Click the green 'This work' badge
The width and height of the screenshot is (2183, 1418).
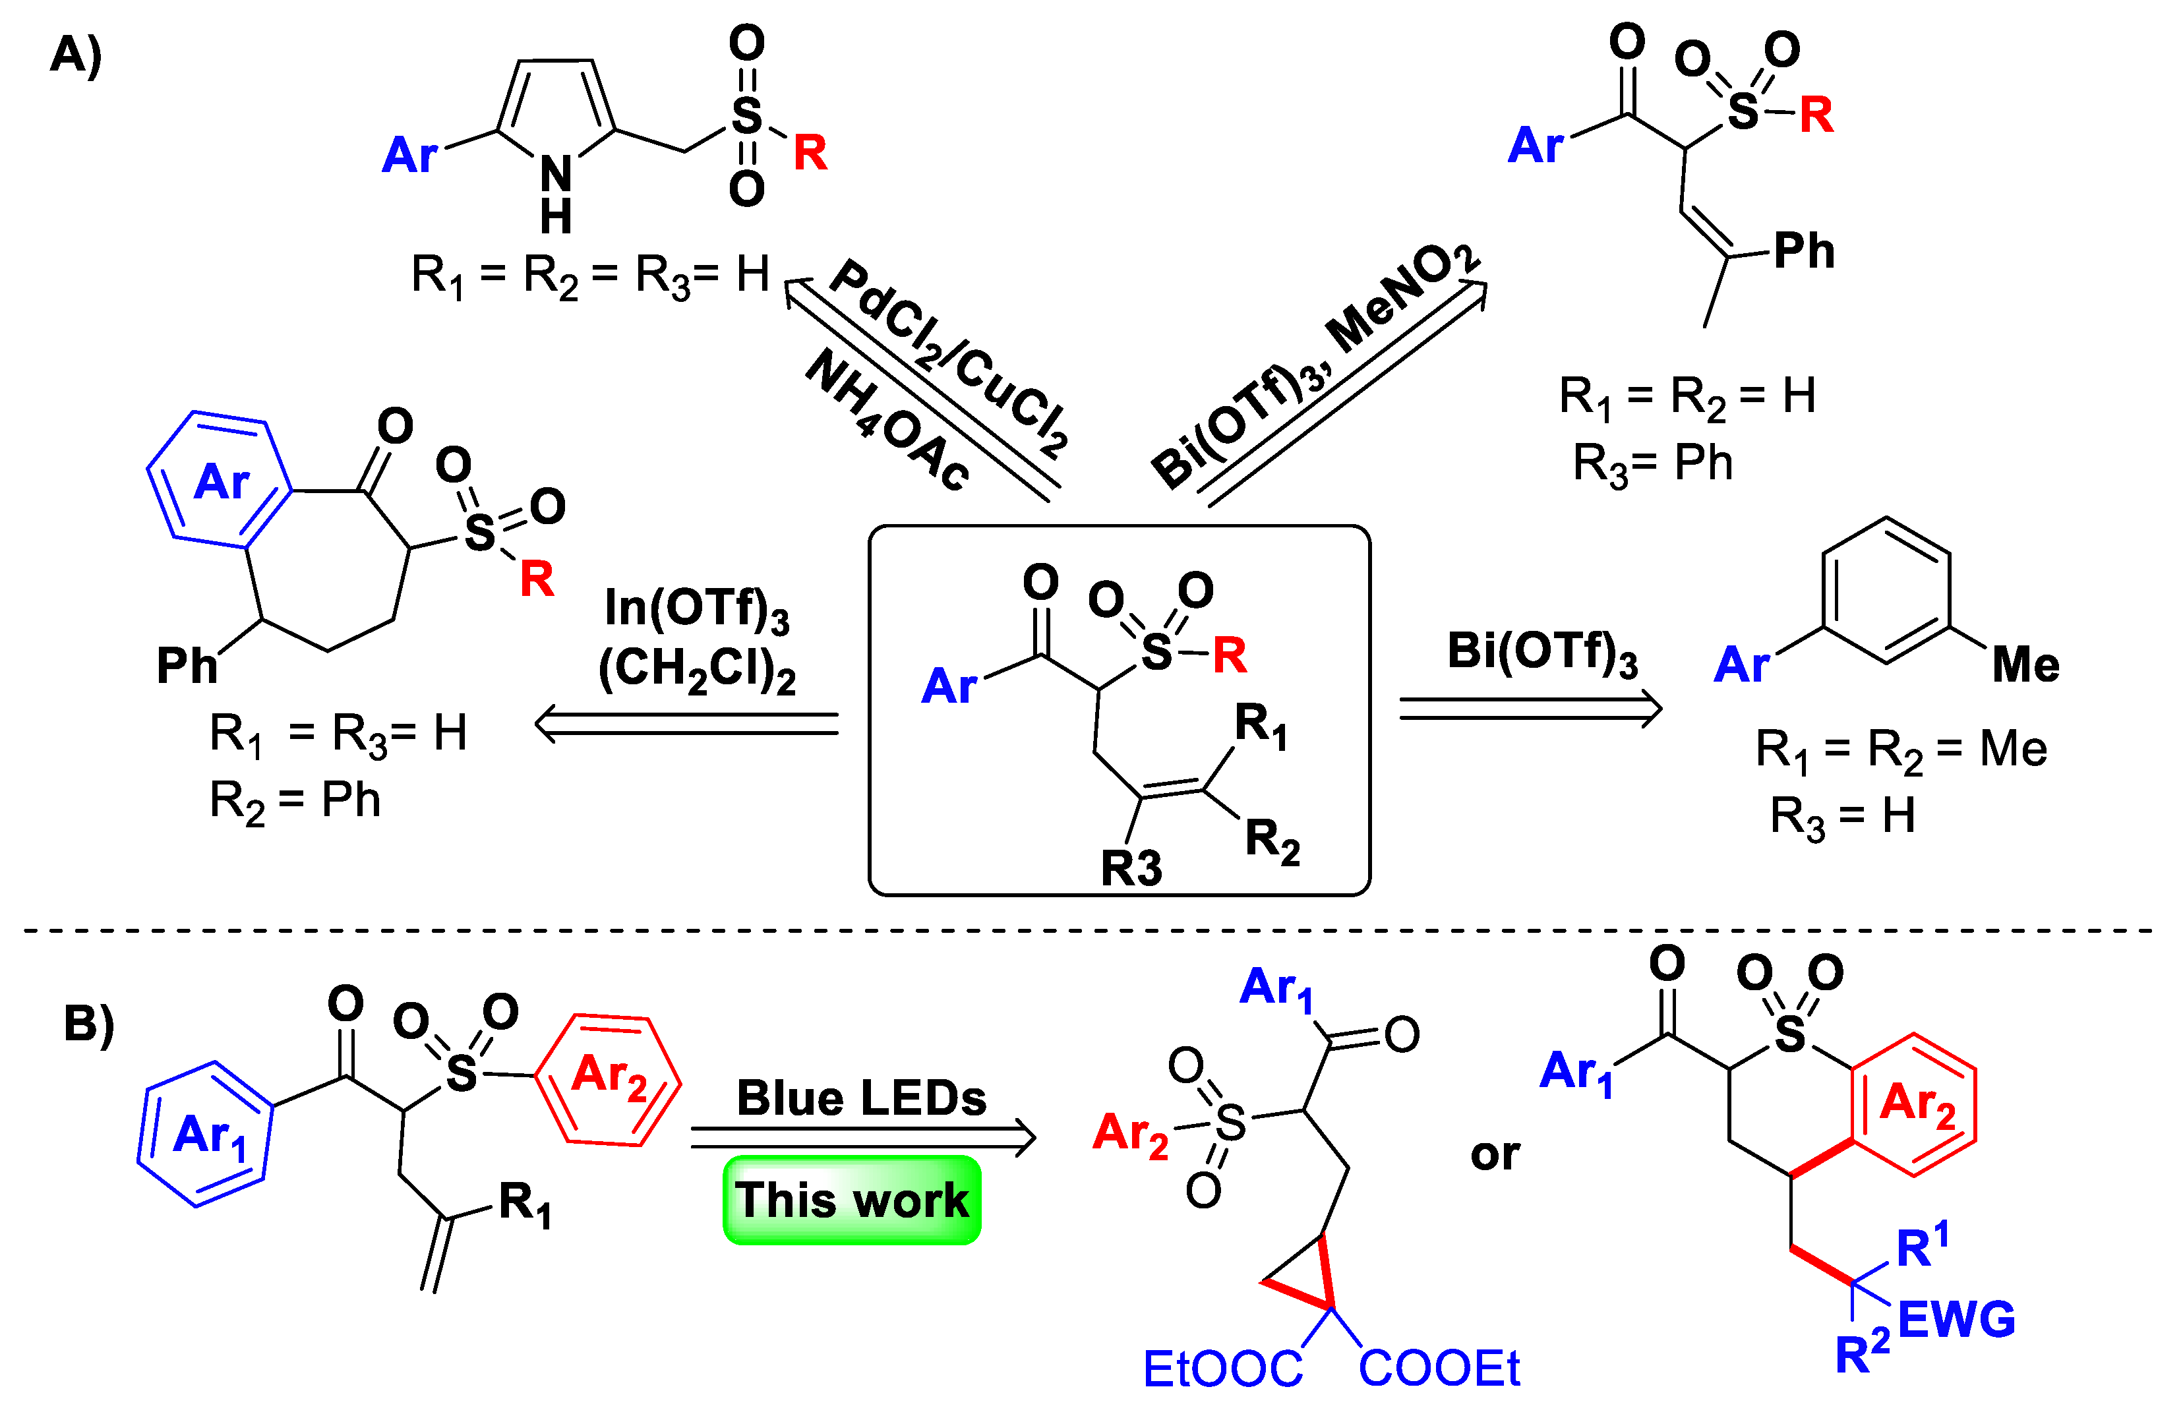pos(851,1200)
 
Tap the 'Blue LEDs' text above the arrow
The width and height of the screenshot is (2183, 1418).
pos(860,1098)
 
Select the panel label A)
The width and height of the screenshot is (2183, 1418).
pos(75,55)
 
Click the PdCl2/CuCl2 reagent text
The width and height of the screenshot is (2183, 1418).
pos(949,358)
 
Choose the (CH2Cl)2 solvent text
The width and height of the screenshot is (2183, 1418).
pos(696,670)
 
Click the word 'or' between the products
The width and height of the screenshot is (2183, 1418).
pos(1495,1154)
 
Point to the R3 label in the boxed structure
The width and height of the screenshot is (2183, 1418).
pos(1131,868)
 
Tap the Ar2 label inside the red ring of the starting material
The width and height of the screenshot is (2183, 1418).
pos(608,1075)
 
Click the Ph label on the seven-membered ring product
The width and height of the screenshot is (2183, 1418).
pos(186,665)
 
